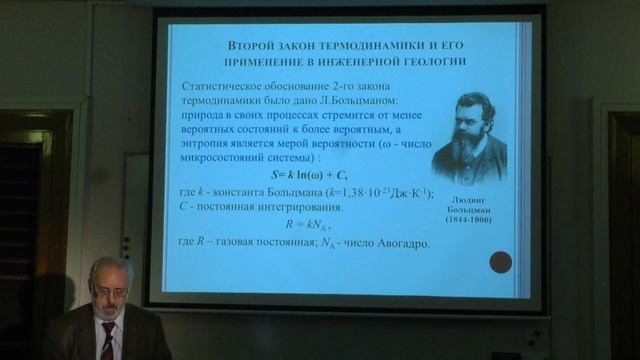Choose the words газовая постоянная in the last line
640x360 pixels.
tap(270, 243)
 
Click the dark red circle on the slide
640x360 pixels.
tap(501, 262)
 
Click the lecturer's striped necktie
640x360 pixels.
tap(107, 342)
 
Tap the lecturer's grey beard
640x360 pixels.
tap(111, 311)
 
